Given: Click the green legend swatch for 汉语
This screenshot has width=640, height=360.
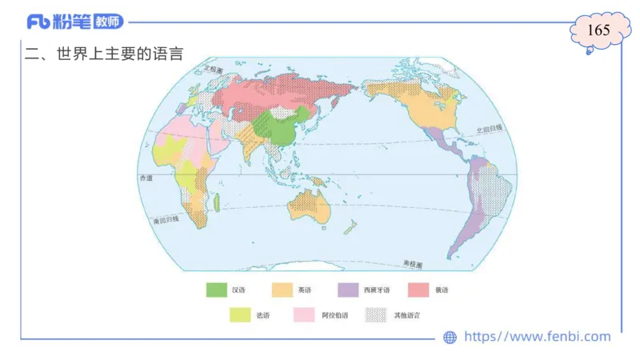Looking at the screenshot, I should pos(216,290).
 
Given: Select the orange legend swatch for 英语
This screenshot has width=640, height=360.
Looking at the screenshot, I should pos(282,290).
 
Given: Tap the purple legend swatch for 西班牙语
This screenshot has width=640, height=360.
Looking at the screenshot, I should pos(348,290).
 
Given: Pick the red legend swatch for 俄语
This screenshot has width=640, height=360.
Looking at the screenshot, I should pos(418,290).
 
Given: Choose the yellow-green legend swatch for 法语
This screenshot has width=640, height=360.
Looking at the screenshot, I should pos(239,315).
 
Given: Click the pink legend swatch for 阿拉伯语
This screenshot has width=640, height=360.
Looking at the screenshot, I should pos(304,315).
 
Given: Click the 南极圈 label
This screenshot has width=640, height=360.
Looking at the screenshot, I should pos(414,263).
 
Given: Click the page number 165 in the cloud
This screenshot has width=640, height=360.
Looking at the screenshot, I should pos(598,30).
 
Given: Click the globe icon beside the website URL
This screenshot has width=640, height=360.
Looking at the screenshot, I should pos(450,338).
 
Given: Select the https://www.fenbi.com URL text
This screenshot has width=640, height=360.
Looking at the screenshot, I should pos(537,337).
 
